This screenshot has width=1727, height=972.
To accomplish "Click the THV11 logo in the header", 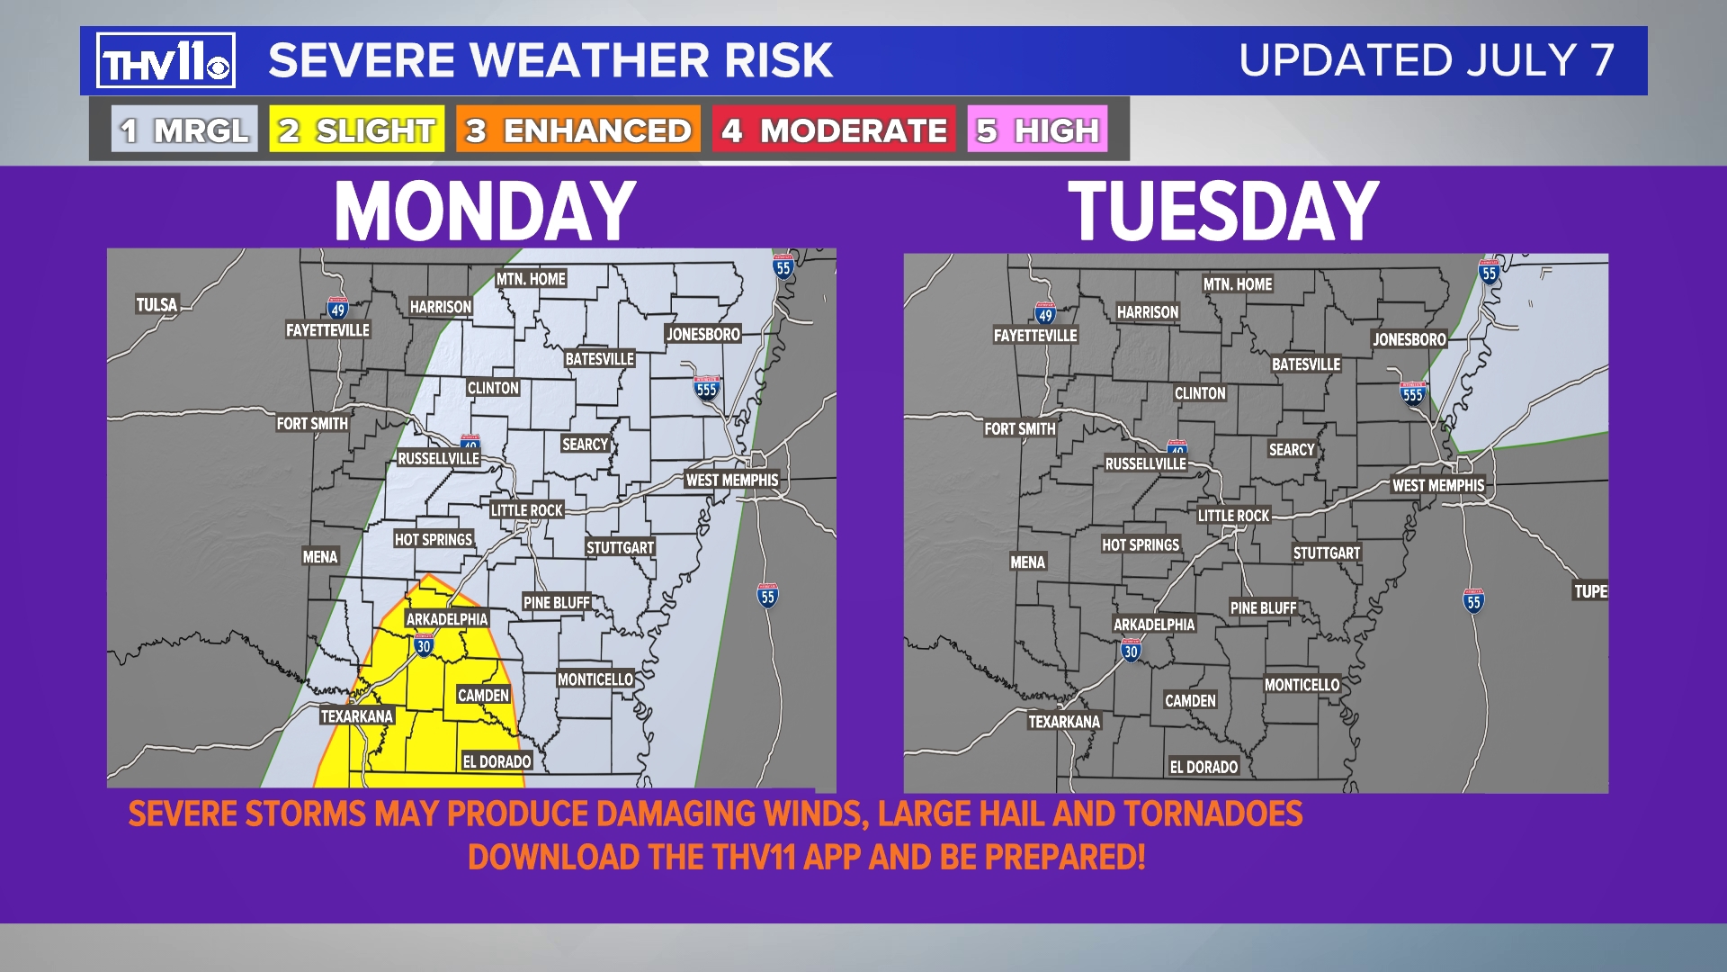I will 166,61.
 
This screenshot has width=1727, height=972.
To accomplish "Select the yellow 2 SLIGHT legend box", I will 357,130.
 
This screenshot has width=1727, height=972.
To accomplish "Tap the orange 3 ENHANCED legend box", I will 577,130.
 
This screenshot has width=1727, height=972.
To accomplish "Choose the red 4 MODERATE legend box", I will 834,130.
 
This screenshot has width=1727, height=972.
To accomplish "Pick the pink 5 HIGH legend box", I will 1037,130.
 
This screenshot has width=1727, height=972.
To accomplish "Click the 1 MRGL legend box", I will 184,130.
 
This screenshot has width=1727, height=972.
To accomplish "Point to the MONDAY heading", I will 485,211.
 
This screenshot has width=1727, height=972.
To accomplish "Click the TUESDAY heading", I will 1223,211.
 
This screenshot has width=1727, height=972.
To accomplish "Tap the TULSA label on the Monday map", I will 157,304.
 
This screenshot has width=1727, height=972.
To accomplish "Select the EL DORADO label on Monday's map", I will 497,761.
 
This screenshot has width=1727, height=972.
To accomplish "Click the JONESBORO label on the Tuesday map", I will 1409,339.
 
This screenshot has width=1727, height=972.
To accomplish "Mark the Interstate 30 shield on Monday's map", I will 424,645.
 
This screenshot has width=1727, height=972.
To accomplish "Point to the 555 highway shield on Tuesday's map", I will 1412,394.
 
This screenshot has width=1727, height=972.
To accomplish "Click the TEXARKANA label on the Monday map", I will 356,716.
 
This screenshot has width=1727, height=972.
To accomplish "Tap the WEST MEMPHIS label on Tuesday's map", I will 1437,486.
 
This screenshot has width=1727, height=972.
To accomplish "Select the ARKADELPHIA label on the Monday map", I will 446,619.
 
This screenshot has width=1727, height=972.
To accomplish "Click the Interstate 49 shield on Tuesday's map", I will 1044,314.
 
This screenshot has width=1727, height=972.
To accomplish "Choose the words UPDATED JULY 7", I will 1426,61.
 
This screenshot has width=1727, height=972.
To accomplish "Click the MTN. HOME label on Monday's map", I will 531,279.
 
